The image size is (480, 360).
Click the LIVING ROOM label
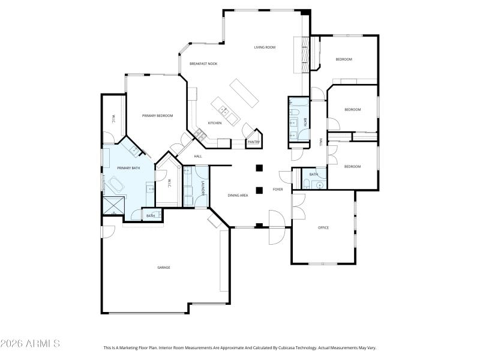click(265, 47)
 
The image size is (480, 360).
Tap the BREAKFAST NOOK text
click(203, 64)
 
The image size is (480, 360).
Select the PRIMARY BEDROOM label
click(157, 115)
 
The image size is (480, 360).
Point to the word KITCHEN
click(215, 123)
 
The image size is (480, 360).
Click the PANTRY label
click(253, 142)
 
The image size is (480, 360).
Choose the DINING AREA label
click(238, 196)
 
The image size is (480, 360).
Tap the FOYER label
click(278, 190)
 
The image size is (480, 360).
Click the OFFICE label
click(323, 227)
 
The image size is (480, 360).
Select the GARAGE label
click(163, 267)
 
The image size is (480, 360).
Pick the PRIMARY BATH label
click(128, 168)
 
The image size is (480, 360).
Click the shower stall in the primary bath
click(112, 205)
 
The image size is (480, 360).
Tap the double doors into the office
click(298, 207)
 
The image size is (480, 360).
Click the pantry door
click(247, 130)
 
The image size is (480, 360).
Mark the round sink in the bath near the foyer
click(320, 185)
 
